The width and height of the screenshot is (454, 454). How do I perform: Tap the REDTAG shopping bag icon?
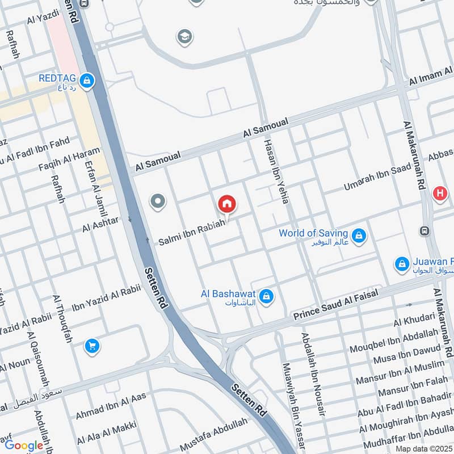(87, 81)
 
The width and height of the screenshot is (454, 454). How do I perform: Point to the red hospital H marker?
(440, 194)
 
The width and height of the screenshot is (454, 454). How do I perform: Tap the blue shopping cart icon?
(92, 346)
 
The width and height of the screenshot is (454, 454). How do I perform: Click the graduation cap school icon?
(184, 37)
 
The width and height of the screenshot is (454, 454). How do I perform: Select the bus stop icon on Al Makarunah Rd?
(424, 231)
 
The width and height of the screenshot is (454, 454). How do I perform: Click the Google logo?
(24, 445)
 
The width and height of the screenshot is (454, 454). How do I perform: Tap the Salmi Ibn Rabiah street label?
(192, 232)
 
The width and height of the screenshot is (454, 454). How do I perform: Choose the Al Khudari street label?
(414, 319)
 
